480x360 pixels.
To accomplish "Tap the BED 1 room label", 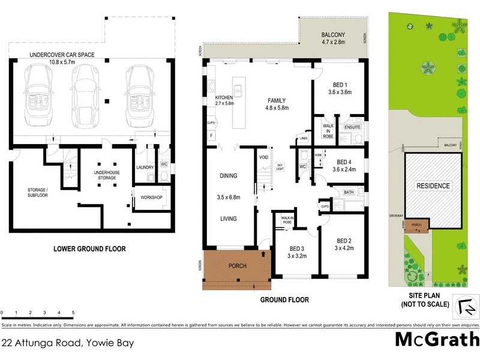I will [340, 88].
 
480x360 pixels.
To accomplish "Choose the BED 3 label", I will [296, 252].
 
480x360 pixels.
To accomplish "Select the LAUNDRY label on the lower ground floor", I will [145, 167].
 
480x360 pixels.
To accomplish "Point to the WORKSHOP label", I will [151, 197].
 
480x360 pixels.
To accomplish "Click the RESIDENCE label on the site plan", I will [433, 186].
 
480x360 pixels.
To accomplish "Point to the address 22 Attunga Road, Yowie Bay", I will [67, 344].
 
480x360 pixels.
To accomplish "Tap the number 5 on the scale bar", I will [73, 313].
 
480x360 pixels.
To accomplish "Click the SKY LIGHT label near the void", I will [280, 166].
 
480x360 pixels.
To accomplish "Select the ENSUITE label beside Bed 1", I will [352, 128].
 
